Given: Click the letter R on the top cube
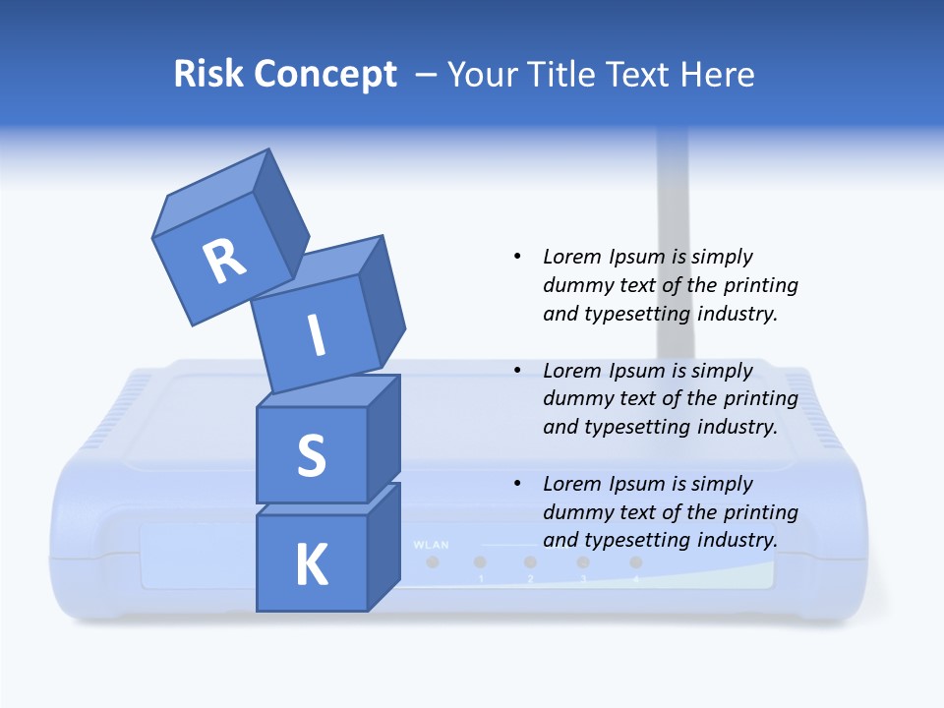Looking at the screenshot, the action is pyautogui.click(x=224, y=261).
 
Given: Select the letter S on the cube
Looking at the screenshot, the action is pyautogui.click(x=311, y=455).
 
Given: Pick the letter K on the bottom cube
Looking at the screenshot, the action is pyautogui.click(x=311, y=565).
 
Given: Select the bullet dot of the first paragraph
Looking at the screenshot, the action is pyautogui.click(x=517, y=257).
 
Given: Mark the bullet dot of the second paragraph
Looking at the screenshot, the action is pyautogui.click(x=517, y=371).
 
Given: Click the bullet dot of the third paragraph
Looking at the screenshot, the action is pyautogui.click(x=517, y=484).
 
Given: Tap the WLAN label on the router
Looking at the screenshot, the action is pyautogui.click(x=432, y=544).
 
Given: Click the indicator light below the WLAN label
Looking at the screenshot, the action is pyautogui.click(x=432, y=562).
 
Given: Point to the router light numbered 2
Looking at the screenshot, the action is pyautogui.click(x=530, y=562).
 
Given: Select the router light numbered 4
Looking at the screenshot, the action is pyautogui.click(x=635, y=562).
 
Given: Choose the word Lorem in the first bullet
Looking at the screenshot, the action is pyautogui.click(x=570, y=257).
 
